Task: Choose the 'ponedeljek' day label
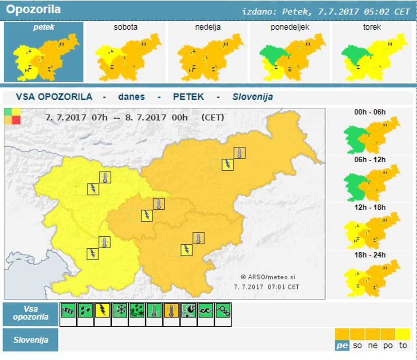pos(290,27)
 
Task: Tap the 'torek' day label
pos(372,27)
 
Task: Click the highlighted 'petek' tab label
pos(43,27)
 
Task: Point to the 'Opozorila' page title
pos(34,9)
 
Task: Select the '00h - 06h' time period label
pos(370,112)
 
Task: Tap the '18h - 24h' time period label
pos(370,255)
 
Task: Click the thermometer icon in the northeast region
pos(240,153)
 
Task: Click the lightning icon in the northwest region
pos(93,189)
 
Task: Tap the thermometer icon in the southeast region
pos(198,238)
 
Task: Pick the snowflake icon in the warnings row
pos(120,310)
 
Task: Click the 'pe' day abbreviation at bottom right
pos(342,345)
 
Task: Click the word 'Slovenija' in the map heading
pos(252,97)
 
